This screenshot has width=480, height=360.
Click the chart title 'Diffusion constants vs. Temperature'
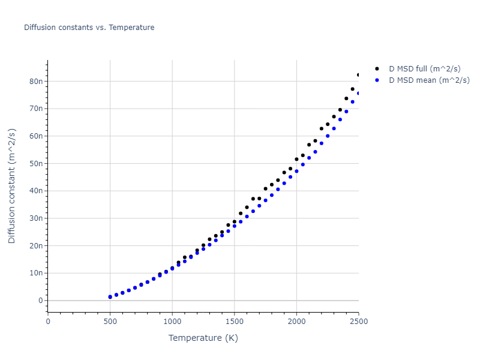click(89, 28)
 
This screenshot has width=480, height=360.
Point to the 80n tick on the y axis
click(37, 81)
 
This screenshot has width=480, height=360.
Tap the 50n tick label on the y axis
click(37, 163)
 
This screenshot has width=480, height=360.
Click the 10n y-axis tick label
click(37, 273)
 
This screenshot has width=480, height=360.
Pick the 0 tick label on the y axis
click(40, 301)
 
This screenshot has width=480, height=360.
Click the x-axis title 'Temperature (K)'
click(203, 338)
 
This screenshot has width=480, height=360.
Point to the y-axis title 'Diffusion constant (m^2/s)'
click(12, 186)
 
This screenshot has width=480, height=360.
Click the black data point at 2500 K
click(359, 75)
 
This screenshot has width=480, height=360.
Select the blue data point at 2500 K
click(359, 93)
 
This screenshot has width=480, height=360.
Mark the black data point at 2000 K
click(296, 159)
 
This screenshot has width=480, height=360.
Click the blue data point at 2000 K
click(296, 171)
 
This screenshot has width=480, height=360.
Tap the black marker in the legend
click(377, 68)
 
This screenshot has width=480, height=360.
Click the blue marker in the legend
click(377, 80)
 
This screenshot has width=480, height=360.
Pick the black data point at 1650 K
click(253, 199)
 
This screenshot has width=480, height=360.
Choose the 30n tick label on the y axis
click(37, 218)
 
